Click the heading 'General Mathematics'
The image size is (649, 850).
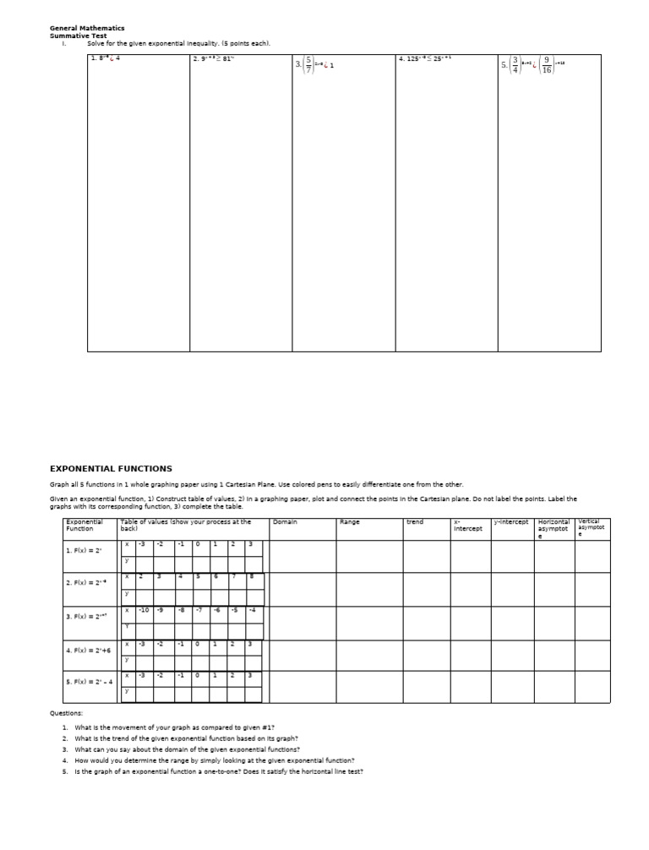point(87,28)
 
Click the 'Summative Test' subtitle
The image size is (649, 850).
point(79,35)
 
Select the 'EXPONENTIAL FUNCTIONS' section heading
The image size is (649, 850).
point(111,468)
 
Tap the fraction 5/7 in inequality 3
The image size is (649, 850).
point(309,64)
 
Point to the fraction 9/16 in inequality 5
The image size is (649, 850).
point(547,64)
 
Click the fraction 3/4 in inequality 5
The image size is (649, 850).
point(515,64)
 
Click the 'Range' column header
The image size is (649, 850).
point(349,522)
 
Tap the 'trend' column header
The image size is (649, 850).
point(415,522)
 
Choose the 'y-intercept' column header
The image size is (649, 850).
point(510,522)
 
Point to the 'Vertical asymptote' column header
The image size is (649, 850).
point(592,527)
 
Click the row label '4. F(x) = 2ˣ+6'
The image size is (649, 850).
point(90,651)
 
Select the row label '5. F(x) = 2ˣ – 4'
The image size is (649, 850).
point(90,681)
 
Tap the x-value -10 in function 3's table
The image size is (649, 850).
point(145,610)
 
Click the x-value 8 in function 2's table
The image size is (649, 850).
point(251,576)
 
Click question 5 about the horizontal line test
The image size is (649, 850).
point(218,771)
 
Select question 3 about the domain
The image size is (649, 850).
point(187,749)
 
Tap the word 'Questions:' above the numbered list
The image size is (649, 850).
point(67,713)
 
